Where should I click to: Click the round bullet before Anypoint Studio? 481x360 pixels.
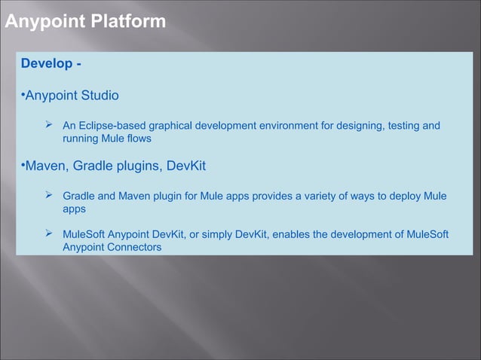pyautogui.click(x=23, y=96)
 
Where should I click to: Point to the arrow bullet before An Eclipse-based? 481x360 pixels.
pyautogui.click(x=49, y=124)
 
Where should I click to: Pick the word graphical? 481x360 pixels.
pyautogui.click(x=170, y=125)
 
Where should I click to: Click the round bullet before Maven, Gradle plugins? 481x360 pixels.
pyautogui.click(x=23, y=165)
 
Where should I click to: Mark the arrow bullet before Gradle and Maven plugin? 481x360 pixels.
pyautogui.click(x=49, y=196)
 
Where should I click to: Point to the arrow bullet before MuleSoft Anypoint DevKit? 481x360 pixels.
pyautogui.click(x=49, y=233)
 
